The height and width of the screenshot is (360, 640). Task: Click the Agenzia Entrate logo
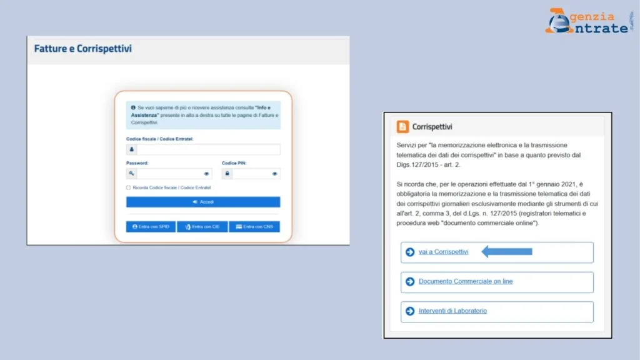click(x=587, y=21)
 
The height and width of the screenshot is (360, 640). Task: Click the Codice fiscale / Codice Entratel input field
click(x=208, y=150)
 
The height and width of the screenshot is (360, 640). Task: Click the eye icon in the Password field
click(x=207, y=174)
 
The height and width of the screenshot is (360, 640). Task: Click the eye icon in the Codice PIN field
click(x=274, y=174)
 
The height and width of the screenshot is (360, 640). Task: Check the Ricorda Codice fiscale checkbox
click(x=129, y=187)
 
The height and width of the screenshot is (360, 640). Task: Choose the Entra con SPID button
click(x=151, y=226)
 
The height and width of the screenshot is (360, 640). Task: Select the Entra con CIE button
click(x=202, y=226)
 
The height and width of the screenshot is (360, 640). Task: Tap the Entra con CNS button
click(x=254, y=226)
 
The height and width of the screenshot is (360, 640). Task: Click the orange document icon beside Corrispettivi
click(x=402, y=127)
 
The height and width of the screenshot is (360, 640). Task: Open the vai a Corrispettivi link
click(x=443, y=252)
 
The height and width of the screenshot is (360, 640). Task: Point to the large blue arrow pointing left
click(x=506, y=252)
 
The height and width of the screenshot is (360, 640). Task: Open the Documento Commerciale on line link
click(x=466, y=281)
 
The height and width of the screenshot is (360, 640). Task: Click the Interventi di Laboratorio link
click(x=452, y=311)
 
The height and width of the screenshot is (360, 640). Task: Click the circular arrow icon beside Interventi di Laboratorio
click(x=410, y=311)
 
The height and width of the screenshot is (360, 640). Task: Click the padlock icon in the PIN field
click(x=227, y=174)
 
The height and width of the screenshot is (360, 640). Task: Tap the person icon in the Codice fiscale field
click(x=132, y=150)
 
